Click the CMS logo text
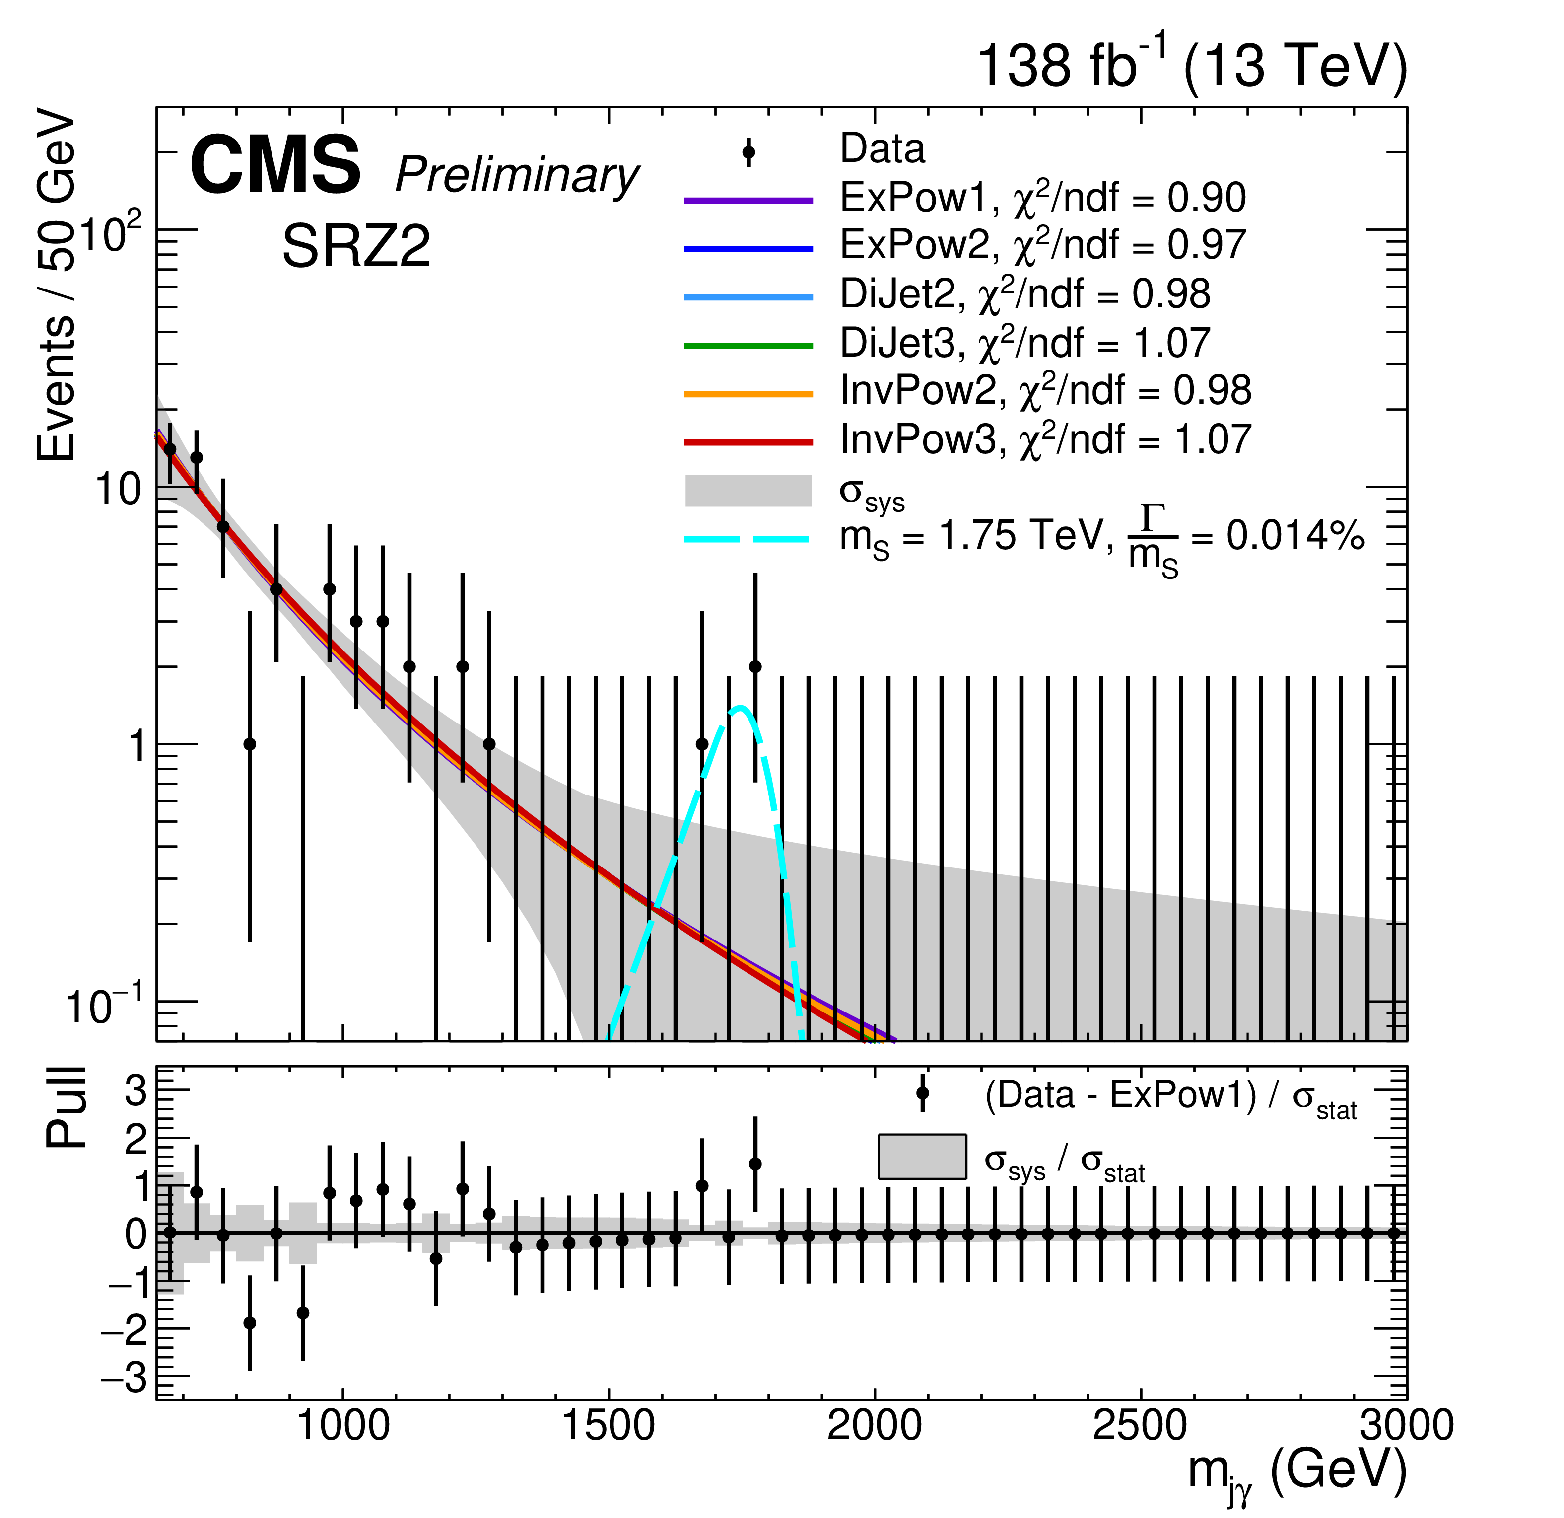click(275, 165)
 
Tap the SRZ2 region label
click(356, 247)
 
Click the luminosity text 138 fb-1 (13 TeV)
click(1191, 66)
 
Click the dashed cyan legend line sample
click(748, 540)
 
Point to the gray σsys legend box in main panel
click(748, 491)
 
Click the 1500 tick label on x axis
click(609, 1426)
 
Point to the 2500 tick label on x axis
click(1140, 1426)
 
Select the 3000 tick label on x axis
click(1406, 1426)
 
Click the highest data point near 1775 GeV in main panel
click(755, 666)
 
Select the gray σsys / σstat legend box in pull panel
click(922, 1157)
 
